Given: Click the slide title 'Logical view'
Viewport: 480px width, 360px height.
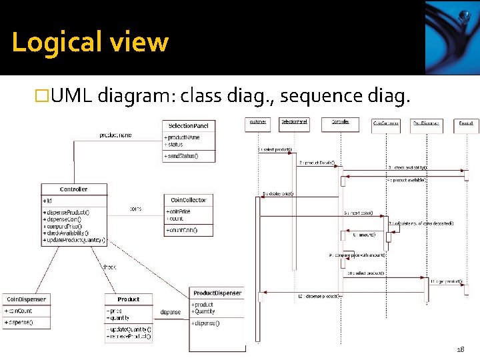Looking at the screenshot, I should click(90, 42).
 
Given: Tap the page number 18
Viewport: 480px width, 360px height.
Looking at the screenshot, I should click(460, 349).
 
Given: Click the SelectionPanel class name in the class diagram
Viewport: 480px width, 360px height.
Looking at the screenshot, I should click(189, 125).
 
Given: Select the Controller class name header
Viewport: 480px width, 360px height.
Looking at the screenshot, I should click(73, 189).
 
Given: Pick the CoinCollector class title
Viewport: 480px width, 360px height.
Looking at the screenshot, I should click(189, 200).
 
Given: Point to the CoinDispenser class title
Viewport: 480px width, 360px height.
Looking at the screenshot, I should click(25, 299).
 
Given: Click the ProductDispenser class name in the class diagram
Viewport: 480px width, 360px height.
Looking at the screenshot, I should click(217, 293).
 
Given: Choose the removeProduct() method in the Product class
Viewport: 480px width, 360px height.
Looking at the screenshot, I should click(129, 337).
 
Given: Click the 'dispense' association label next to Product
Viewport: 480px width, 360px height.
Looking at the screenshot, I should click(170, 312).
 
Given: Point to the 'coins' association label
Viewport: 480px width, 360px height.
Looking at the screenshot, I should click(136, 209).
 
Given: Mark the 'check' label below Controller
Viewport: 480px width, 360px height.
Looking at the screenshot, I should click(108, 267).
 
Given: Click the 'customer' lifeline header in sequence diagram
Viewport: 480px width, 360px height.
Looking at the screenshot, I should click(257, 121).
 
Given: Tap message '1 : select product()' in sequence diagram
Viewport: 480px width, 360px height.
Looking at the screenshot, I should click(275, 149).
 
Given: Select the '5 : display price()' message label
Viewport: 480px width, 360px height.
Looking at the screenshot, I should click(279, 194).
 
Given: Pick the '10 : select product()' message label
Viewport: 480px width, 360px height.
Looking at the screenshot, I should click(365, 273).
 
